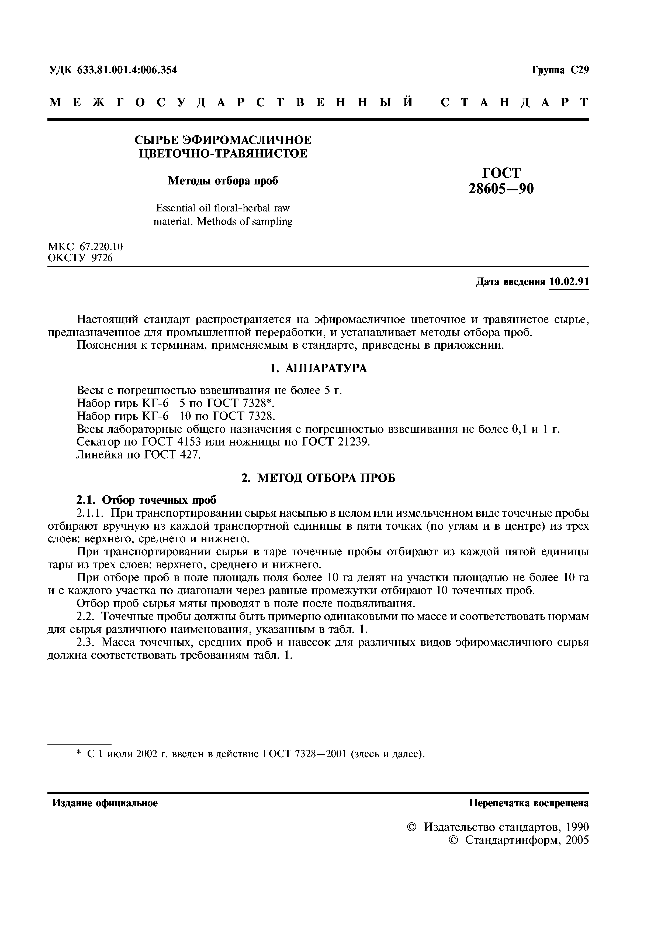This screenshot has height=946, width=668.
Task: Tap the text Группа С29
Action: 560,70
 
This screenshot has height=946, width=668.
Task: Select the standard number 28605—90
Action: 501,189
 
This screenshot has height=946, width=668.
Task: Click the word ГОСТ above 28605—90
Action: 501,173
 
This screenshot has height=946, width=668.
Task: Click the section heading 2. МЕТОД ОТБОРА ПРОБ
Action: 318,478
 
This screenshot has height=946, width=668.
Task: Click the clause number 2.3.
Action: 86,642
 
